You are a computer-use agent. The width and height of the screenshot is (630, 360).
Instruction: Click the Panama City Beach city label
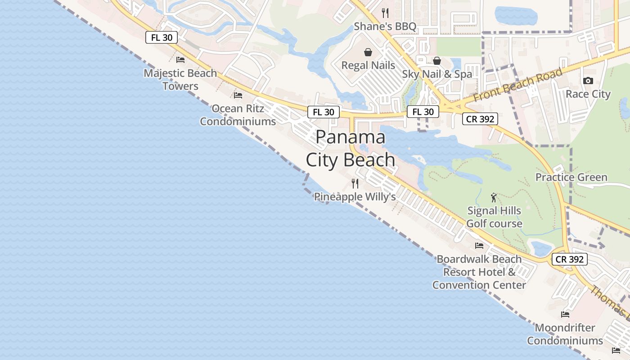pyautogui.click(x=351, y=148)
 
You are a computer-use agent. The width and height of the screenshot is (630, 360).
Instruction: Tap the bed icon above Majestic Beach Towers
pyautogui.click(x=180, y=59)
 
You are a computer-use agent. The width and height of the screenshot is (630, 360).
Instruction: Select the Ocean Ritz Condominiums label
pyautogui.click(x=238, y=115)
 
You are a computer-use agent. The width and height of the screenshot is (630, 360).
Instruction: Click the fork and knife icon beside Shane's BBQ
pyautogui.click(x=385, y=13)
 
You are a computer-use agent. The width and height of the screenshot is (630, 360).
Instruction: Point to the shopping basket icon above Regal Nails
pyautogui.click(x=368, y=52)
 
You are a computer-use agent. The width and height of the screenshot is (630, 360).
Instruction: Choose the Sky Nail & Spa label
pyautogui.click(x=437, y=74)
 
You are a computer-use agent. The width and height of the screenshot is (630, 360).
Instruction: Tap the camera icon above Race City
pyautogui.click(x=588, y=81)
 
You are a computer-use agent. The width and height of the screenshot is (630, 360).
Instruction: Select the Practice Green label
pyautogui.click(x=571, y=177)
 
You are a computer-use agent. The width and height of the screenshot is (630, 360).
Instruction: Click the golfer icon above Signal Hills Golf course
pyautogui.click(x=494, y=198)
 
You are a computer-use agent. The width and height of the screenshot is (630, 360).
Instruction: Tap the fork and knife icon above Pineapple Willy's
pyautogui.click(x=355, y=184)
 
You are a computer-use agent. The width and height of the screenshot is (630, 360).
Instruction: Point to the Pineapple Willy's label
pyautogui.click(x=355, y=197)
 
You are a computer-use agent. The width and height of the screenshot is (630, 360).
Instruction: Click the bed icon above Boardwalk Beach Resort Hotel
pyautogui.click(x=479, y=246)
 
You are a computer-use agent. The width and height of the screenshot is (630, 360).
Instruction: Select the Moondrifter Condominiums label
pyautogui.click(x=565, y=334)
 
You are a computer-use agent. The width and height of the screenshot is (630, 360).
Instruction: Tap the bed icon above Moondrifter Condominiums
pyautogui.click(x=565, y=314)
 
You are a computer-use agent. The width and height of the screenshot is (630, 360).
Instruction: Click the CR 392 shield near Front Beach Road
pyautogui.click(x=480, y=119)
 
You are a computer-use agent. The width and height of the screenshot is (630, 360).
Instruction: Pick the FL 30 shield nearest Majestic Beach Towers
pyautogui.click(x=162, y=37)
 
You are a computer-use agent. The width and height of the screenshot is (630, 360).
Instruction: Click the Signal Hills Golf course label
pyautogui.click(x=494, y=217)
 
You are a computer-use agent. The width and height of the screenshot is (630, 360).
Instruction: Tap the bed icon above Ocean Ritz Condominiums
pyautogui.click(x=238, y=95)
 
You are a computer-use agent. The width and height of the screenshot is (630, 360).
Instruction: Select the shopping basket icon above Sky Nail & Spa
pyautogui.click(x=436, y=61)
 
